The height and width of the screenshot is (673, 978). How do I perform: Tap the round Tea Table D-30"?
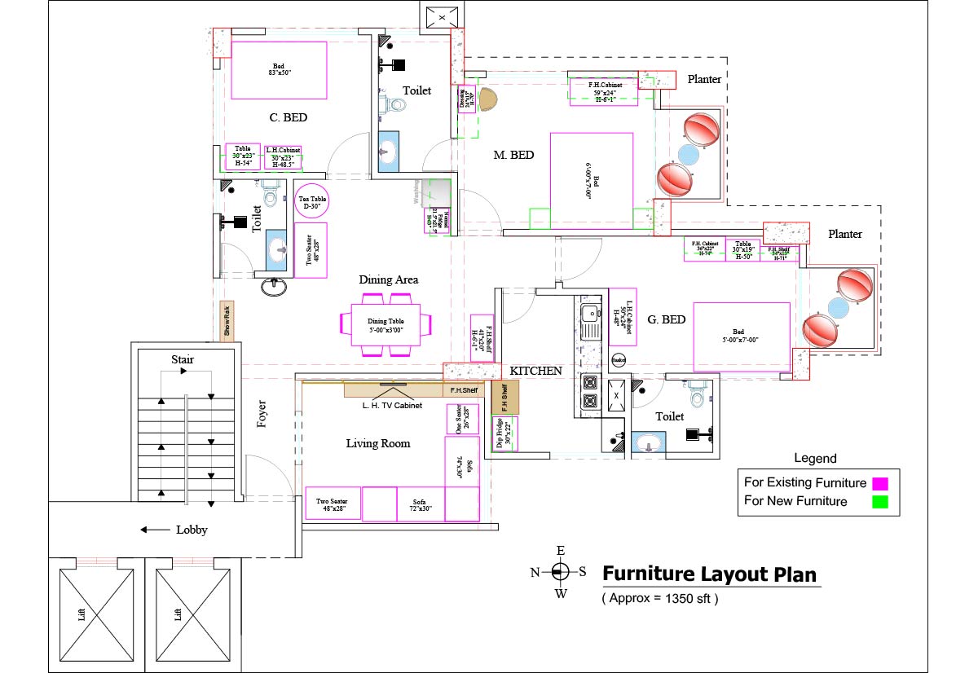[310, 201]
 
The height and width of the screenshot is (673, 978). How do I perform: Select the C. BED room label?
[289, 117]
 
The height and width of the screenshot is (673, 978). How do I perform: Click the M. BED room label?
[513, 154]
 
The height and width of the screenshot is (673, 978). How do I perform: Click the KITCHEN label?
[535, 371]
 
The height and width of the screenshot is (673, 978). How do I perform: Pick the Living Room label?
[377, 443]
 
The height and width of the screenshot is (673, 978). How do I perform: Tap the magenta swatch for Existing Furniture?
[879, 482]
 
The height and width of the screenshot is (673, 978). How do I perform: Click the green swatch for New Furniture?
[879, 502]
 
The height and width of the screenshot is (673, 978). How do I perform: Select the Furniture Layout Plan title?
[709, 574]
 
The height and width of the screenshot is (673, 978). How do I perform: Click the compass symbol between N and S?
[560, 571]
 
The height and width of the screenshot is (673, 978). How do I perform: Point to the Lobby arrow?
[154, 530]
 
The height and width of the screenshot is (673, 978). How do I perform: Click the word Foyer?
[262, 415]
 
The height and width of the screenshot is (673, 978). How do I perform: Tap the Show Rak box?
[228, 321]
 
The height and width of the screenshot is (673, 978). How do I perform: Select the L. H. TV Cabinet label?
[392, 405]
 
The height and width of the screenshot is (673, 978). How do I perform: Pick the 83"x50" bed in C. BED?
[279, 70]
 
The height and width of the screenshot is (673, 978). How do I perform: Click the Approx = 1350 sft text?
[660, 598]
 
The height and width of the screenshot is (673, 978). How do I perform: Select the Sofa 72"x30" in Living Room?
[420, 504]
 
